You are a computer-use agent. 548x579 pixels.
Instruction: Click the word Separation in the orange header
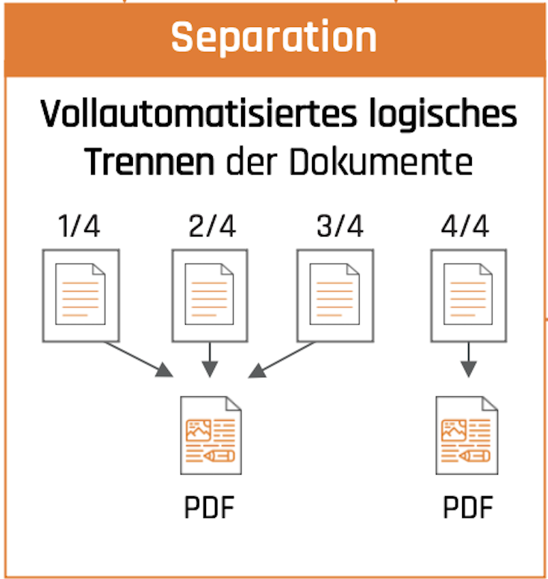point(274,37)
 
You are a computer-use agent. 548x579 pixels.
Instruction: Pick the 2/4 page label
point(212,226)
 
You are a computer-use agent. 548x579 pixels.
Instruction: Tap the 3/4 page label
point(340,226)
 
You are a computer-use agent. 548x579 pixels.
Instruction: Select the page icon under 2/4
point(210,294)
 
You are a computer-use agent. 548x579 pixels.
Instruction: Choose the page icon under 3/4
point(335,294)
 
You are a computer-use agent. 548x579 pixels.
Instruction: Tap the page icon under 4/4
point(469,294)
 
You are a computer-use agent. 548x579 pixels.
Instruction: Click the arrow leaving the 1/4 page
point(139,358)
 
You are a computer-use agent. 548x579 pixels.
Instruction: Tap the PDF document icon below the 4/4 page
point(467,436)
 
